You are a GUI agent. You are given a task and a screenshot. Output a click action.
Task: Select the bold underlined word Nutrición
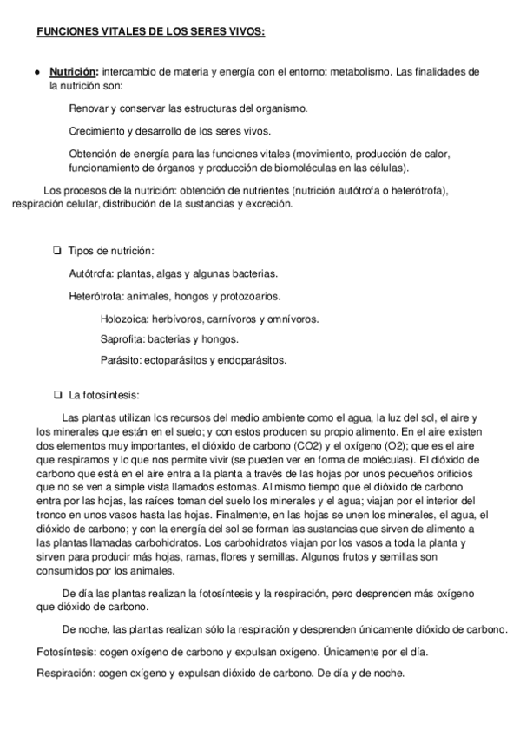click(74, 72)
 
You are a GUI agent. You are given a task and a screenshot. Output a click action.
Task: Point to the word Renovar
click(88, 108)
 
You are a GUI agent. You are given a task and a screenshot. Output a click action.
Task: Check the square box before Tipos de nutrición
click(56, 252)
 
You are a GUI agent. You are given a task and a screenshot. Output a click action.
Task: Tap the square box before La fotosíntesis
click(56, 395)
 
